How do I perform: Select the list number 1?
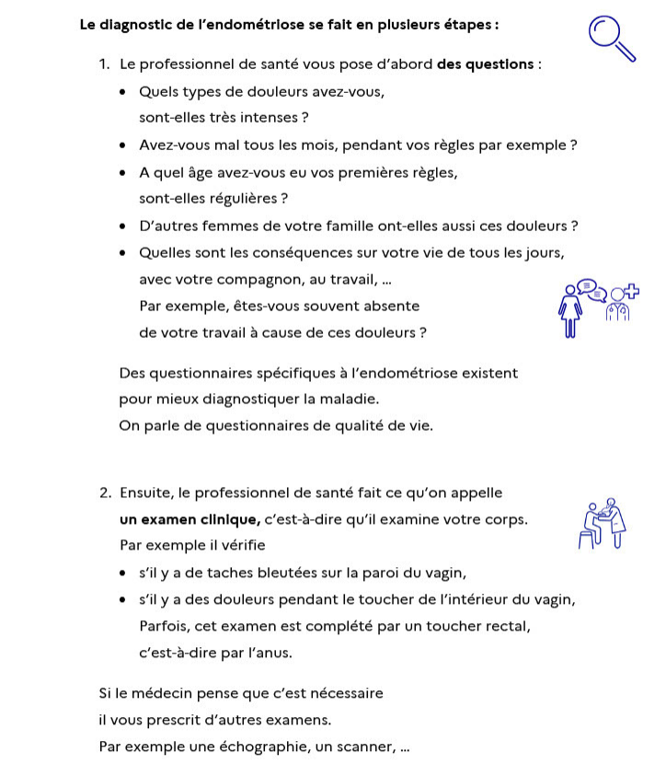[x=105, y=64]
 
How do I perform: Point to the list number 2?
[x=106, y=493]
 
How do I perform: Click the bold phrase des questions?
[x=487, y=64]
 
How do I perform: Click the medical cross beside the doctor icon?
[x=631, y=293]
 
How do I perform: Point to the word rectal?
[x=508, y=627]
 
